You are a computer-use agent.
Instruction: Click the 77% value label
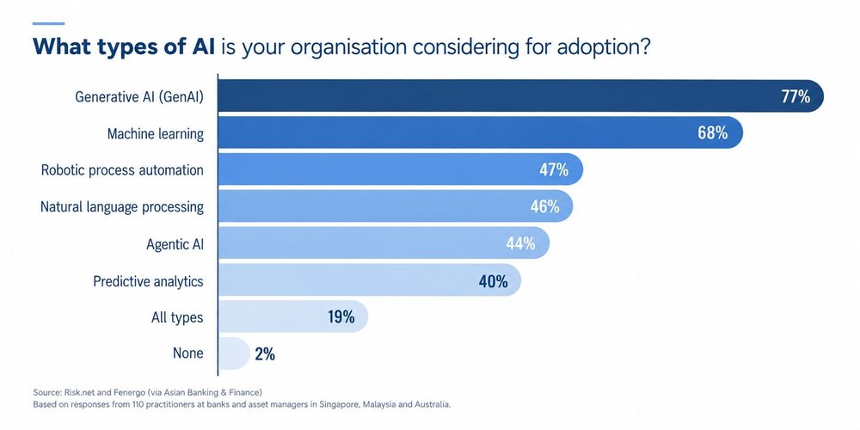tap(795, 96)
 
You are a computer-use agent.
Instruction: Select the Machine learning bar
tap(481, 132)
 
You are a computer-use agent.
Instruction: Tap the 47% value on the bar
tap(553, 170)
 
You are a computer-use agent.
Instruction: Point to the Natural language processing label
tap(122, 207)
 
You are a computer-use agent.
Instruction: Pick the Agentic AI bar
tap(384, 243)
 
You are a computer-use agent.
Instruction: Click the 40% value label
tap(493, 281)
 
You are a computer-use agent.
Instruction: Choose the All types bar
tap(293, 317)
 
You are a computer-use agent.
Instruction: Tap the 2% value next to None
tap(265, 354)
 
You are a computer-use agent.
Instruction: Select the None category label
tap(188, 353)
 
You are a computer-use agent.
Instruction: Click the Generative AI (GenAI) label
tap(139, 97)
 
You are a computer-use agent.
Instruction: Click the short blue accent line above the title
tap(48, 23)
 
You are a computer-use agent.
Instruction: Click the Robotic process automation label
tap(122, 170)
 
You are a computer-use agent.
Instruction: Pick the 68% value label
tap(713, 132)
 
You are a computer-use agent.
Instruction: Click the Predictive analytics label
tap(148, 281)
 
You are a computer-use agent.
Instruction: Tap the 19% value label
tap(341, 317)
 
